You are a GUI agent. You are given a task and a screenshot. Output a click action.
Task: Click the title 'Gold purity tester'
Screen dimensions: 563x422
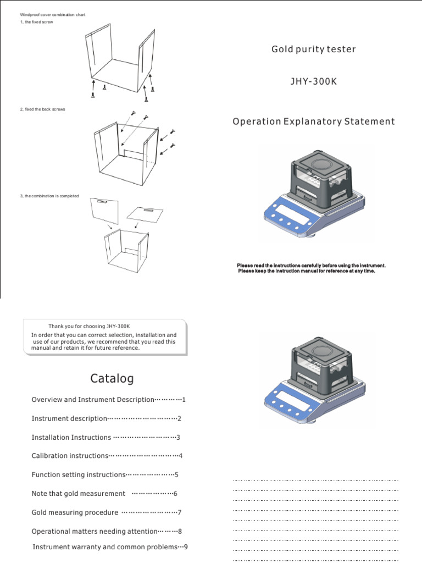coord(313,49)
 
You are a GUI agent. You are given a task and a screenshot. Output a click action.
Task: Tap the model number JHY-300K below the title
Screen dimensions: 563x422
coord(313,82)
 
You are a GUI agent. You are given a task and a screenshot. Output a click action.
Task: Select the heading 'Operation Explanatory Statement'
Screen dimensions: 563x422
coord(313,122)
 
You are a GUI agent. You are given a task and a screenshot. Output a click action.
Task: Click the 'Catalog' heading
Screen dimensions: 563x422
coord(112,379)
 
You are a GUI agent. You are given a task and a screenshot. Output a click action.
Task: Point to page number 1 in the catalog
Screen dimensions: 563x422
coord(184,400)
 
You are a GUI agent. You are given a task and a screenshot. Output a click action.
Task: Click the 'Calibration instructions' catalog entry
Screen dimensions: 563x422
coord(70,456)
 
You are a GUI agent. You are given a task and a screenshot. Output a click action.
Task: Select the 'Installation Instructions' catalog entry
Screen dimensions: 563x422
coord(71,437)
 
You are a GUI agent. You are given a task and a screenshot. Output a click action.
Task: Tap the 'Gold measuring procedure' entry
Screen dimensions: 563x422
coord(75,512)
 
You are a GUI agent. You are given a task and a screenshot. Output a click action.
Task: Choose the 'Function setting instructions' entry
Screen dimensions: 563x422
coord(79,474)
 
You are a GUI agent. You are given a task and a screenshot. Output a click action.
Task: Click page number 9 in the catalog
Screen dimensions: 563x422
coord(186,547)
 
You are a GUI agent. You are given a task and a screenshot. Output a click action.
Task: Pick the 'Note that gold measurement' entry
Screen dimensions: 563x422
coord(79,494)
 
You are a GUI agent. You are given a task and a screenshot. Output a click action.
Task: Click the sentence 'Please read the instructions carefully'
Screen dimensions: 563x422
coord(311,266)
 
